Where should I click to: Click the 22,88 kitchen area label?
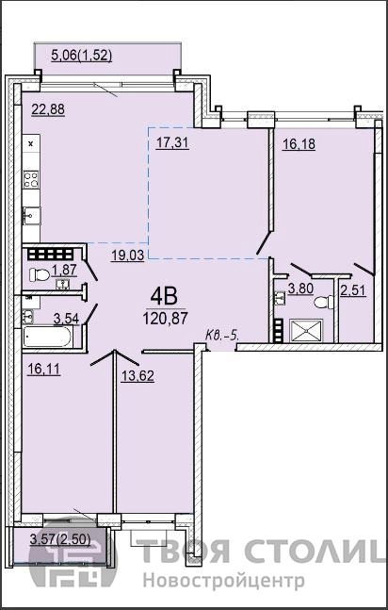coord(48,109)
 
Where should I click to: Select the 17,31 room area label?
coord(172,143)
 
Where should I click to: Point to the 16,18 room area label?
coord(299,144)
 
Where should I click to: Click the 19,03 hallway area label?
coord(128,256)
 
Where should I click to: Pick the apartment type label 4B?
coord(164,297)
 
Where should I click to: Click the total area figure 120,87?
coord(165,319)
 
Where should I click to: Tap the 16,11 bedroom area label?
coord(44,369)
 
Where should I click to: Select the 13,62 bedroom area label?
coord(137,375)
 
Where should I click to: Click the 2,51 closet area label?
coord(353,290)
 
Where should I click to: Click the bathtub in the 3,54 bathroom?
coord(47,337)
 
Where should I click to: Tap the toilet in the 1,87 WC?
coord(40,275)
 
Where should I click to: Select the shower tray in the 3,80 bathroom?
coord(306,331)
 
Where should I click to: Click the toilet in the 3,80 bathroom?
coord(324,302)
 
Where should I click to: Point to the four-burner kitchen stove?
coord(31,180)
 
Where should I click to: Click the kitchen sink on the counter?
coord(31,216)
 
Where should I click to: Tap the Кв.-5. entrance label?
coord(222,335)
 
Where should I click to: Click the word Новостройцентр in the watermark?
coord(224,582)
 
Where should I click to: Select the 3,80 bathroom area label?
coord(300,289)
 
